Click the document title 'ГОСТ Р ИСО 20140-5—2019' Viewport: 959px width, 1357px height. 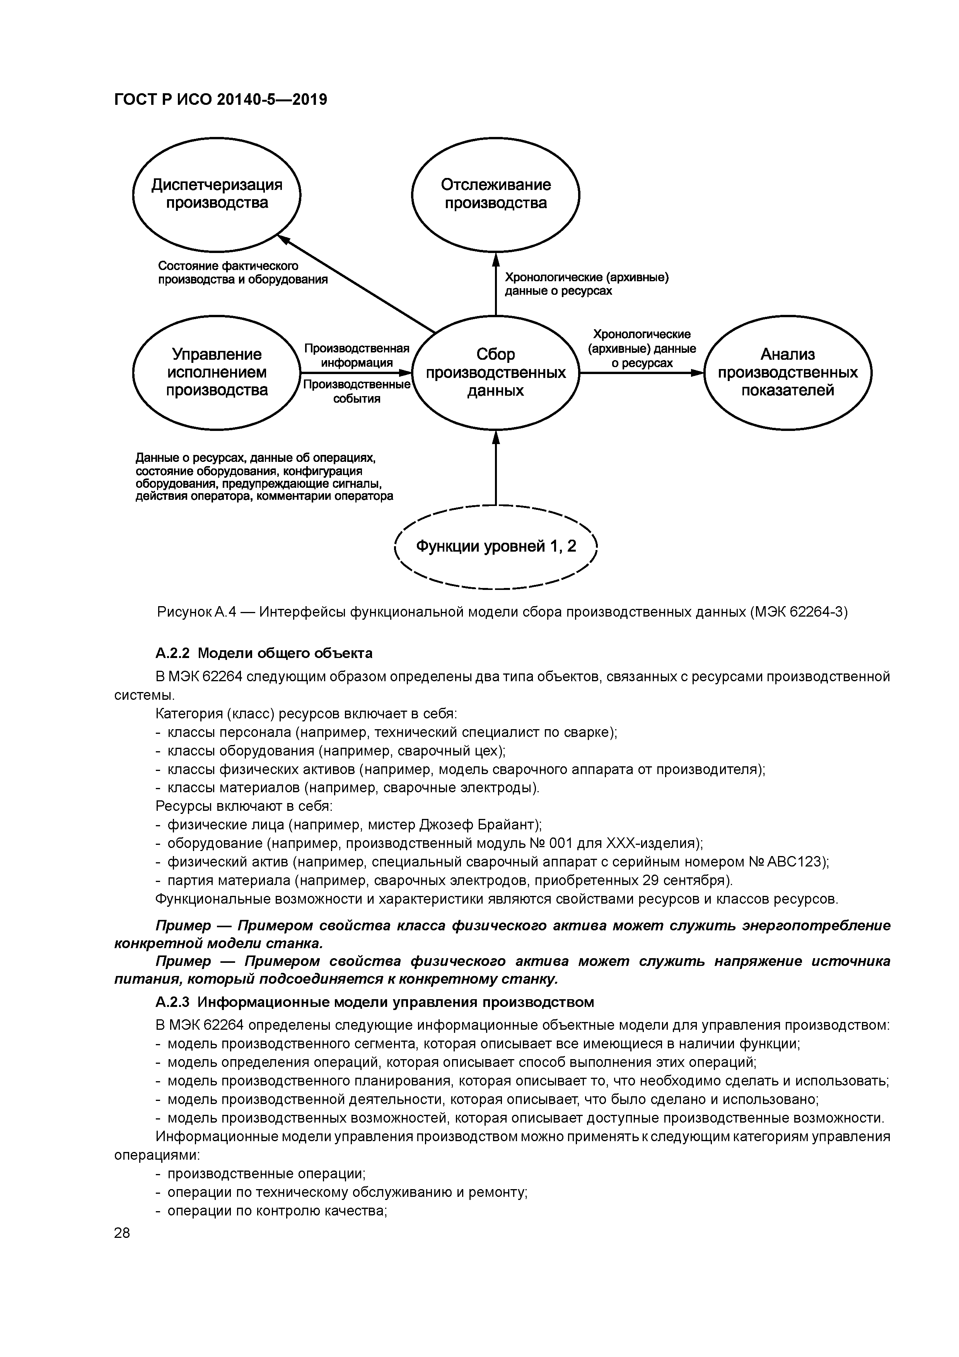(x=220, y=100)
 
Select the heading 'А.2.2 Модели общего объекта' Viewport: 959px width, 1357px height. (x=264, y=653)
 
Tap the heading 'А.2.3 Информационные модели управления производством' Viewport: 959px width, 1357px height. (x=375, y=1002)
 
